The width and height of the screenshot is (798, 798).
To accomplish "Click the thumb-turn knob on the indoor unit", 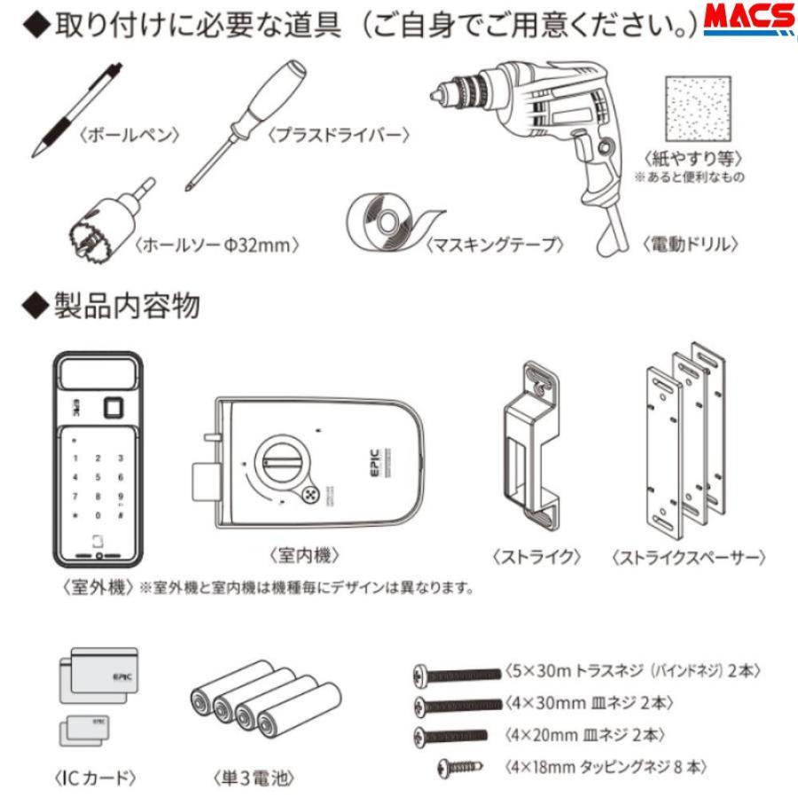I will pos(282,461).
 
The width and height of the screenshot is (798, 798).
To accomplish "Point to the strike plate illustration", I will pos(530,443).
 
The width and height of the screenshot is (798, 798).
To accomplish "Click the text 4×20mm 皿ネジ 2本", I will pos(584,735).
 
